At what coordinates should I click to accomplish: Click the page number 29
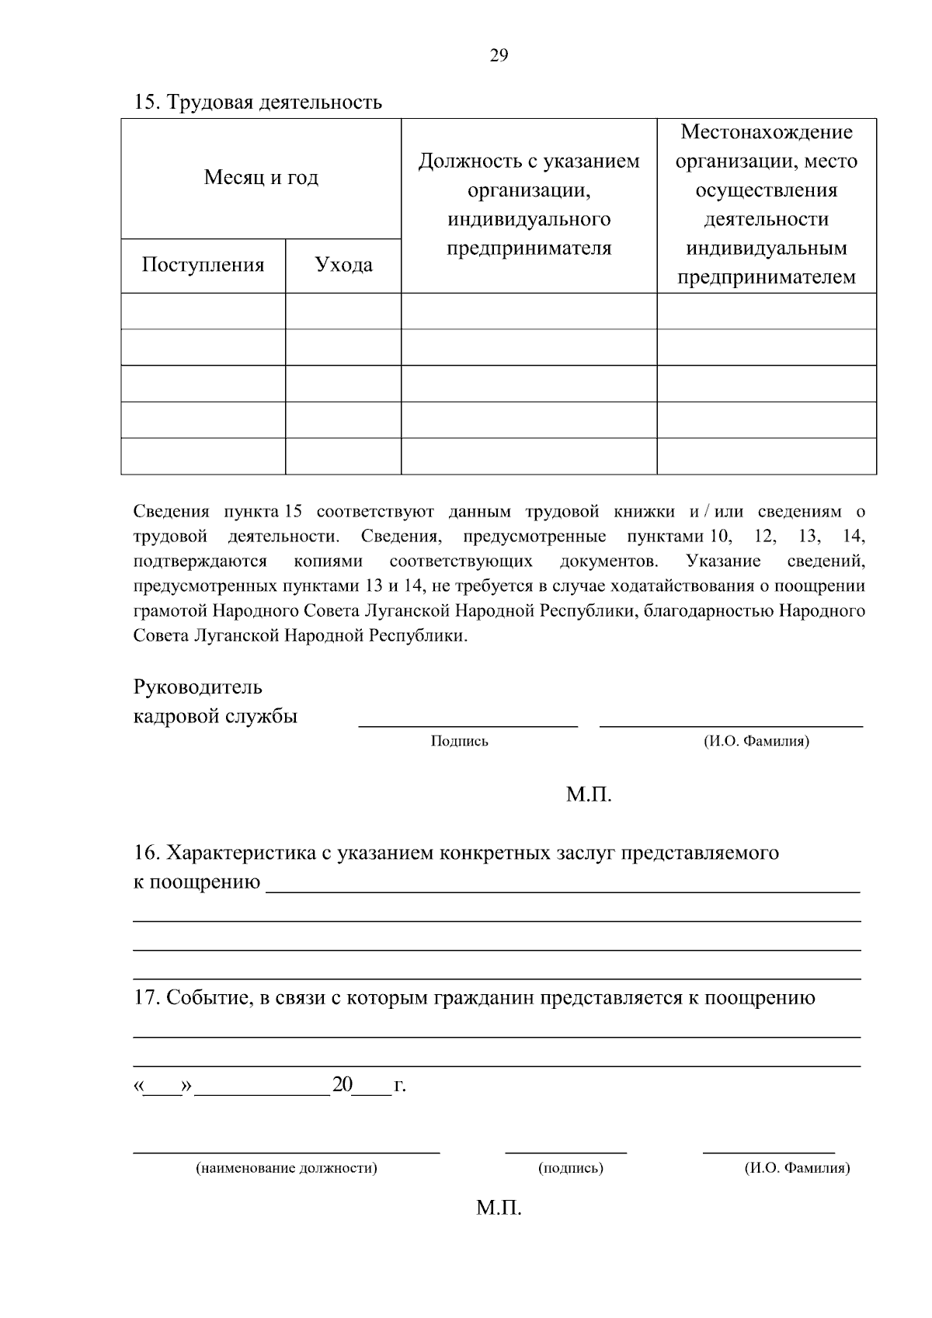tap(499, 55)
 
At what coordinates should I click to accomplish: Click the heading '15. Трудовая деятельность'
tap(258, 103)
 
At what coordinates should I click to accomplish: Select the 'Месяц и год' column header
tap(261, 178)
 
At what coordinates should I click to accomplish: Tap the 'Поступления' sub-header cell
tap(203, 266)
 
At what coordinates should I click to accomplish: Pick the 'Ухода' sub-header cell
tap(343, 266)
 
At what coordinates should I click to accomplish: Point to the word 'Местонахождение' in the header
tap(766, 132)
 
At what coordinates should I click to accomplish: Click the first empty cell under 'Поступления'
tap(203, 311)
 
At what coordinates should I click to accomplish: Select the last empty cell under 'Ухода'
tap(343, 456)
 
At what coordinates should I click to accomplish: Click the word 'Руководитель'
tap(198, 687)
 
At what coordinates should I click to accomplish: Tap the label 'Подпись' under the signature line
tap(459, 742)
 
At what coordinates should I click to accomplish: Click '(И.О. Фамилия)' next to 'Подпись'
tap(756, 742)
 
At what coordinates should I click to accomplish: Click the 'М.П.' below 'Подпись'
tap(589, 795)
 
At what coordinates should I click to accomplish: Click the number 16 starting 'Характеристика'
tap(145, 853)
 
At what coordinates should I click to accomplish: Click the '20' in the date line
tap(342, 1085)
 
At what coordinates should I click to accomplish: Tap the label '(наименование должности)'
tap(287, 1168)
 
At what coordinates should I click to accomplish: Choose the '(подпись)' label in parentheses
tap(570, 1168)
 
